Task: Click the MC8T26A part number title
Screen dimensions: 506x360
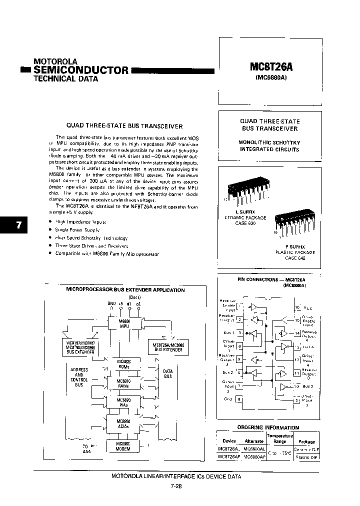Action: tap(270, 67)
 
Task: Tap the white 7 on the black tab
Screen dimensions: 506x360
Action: tap(18, 225)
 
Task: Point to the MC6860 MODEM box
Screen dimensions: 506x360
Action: tap(123, 446)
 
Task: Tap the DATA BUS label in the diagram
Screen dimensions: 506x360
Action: tap(168, 373)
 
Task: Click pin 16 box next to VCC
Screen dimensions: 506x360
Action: tap(297, 307)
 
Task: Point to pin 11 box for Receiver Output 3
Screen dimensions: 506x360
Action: tap(297, 372)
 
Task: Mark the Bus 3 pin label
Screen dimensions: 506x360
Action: tap(308, 386)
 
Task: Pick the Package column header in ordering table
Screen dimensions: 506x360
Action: tap(306, 441)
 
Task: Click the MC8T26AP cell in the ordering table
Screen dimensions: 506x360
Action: tap(229, 457)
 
